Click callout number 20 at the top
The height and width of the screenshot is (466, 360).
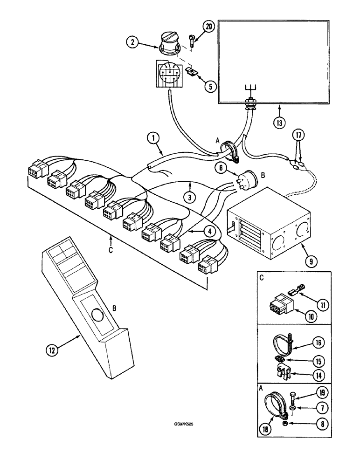(209, 27)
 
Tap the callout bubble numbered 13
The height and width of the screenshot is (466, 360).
(278, 124)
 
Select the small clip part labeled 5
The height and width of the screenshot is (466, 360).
(190, 71)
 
